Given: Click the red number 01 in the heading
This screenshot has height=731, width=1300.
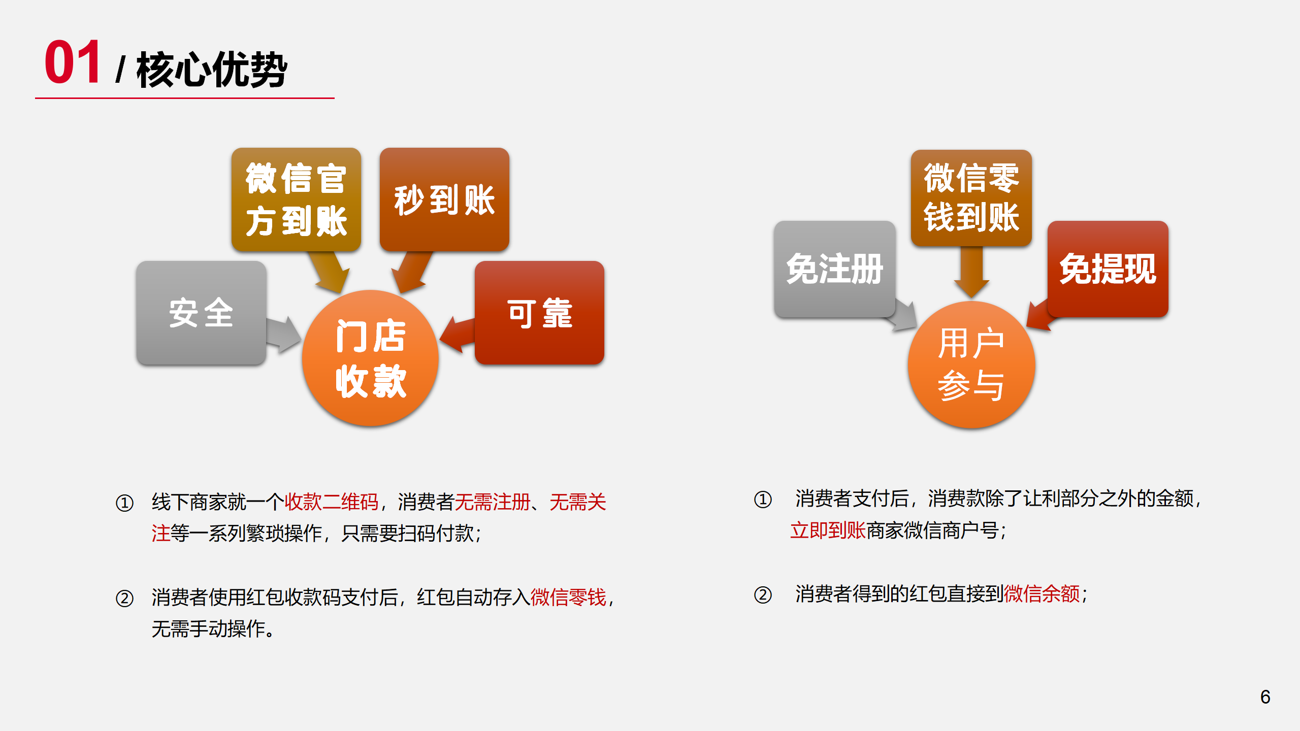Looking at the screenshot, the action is coord(72,62).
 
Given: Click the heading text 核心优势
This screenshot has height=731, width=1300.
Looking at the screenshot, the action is coord(212,70).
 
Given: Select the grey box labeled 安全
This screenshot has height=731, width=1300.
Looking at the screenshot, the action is coord(201,313).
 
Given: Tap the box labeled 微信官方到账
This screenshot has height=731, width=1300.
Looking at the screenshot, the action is coord(296,200).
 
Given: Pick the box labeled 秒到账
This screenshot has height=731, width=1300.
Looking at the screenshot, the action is coord(444,200).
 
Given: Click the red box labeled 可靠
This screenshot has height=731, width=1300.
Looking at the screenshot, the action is coord(539,313).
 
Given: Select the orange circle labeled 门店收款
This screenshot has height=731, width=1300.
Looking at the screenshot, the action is coord(370,358).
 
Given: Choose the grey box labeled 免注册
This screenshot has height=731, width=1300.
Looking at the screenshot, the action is coord(835,269).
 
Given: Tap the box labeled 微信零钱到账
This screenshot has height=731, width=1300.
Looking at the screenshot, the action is coord(971,198).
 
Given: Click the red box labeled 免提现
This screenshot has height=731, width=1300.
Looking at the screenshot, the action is coord(1108,269).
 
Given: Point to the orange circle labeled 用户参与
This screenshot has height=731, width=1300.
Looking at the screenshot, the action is coord(971,364).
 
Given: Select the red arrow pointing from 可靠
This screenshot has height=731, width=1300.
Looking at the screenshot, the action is coord(457,335).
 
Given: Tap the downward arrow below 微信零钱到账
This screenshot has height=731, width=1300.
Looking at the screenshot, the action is coord(971,272).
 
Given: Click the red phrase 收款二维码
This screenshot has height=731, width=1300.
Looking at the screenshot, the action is coord(331,502).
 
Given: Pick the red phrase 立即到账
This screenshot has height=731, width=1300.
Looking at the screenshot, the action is coord(828,530).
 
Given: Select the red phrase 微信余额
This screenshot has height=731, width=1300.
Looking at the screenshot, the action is coord(1042,593).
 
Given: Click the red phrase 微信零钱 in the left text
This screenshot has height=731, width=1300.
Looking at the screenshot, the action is coord(568,597).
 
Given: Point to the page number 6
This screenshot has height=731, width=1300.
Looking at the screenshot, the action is coord(1265,697).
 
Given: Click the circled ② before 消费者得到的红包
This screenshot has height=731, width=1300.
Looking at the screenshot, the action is coord(763,594).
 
